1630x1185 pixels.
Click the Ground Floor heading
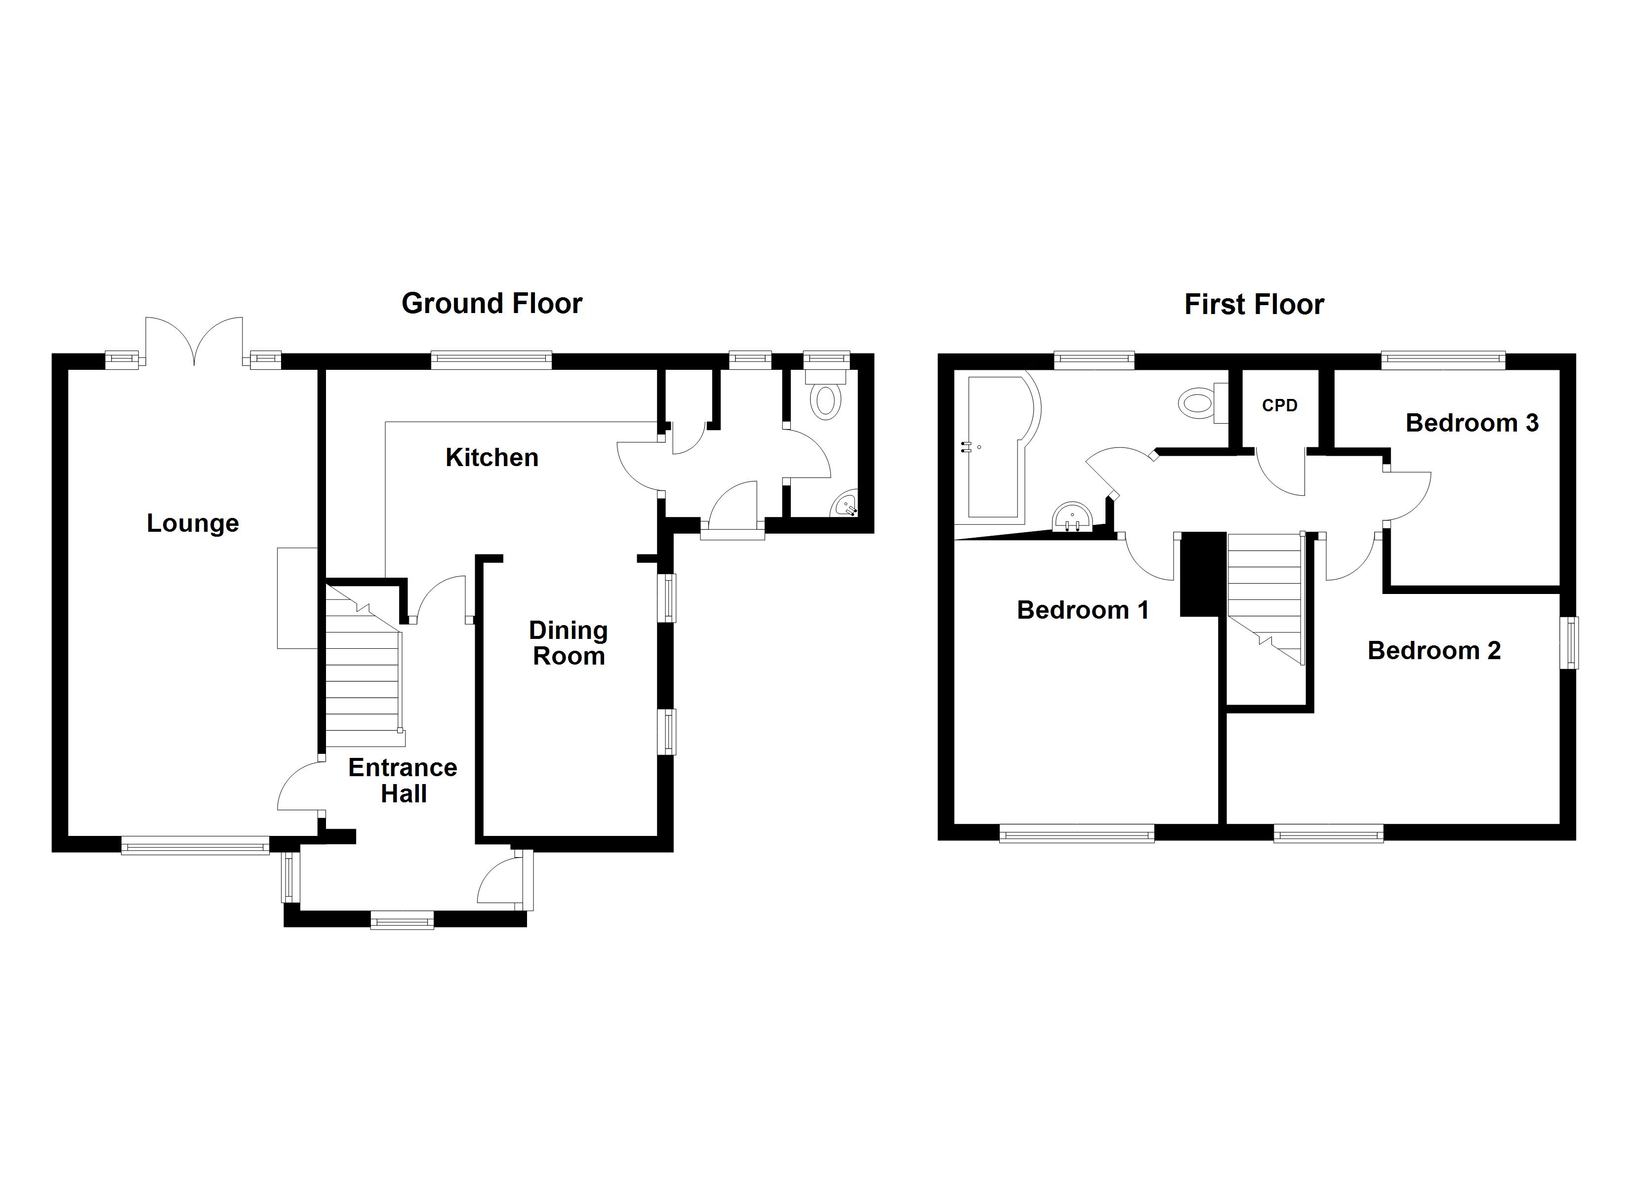pyautogui.click(x=491, y=304)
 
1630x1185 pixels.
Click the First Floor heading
pyautogui.click(x=1254, y=305)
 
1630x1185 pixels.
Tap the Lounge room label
pyautogui.click(x=193, y=523)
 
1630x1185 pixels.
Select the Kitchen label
pyautogui.click(x=491, y=458)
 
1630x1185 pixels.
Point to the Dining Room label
pyautogui.click(x=568, y=643)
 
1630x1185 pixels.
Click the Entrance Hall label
pyautogui.click(x=403, y=781)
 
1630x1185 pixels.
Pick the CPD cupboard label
pyautogui.click(x=1279, y=405)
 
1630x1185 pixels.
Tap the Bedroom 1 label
pyautogui.click(x=1082, y=610)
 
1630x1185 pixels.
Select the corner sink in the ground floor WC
pyautogui.click(x=846, y=505)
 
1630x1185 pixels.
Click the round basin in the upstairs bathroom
pyautogui.click(x=1072, y=517)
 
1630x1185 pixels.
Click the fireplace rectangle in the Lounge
pyautogui.click(x=297, y=598)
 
